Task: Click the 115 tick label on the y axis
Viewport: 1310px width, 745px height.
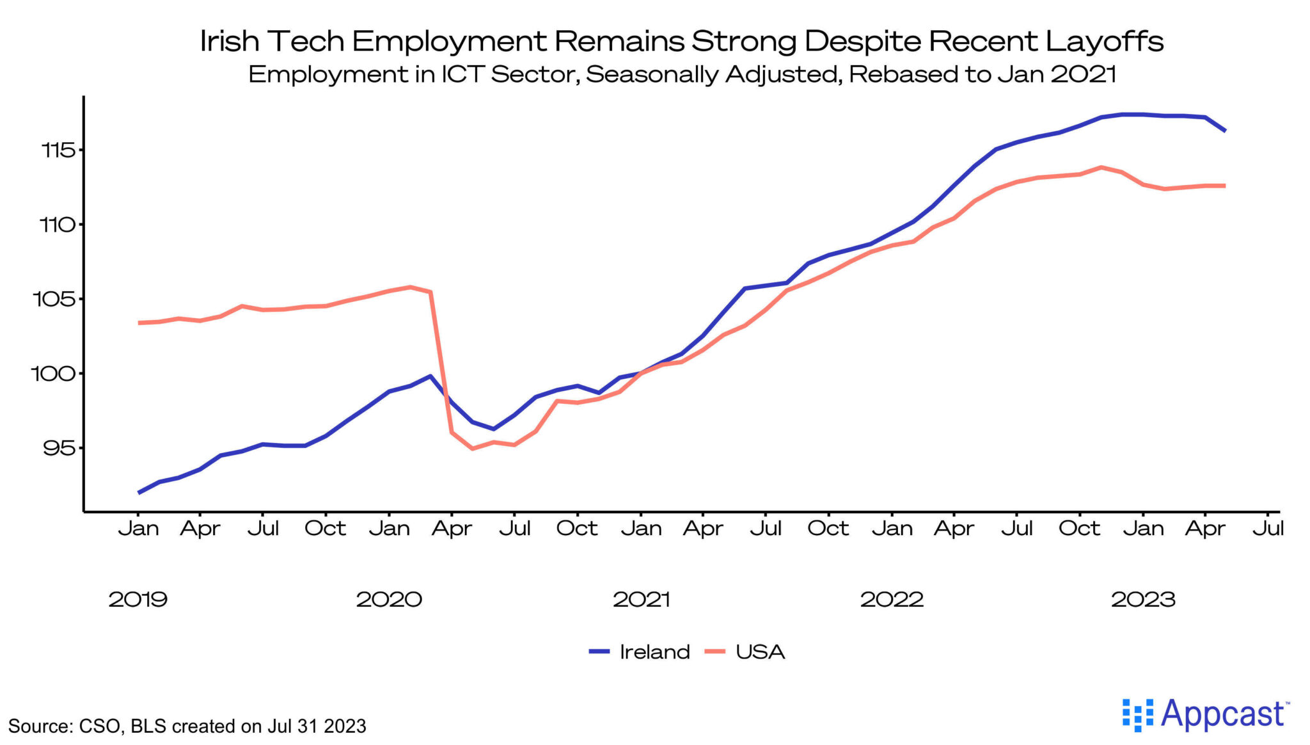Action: click(x=58, y=150)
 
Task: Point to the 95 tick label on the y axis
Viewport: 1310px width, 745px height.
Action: click(x=59, y=448)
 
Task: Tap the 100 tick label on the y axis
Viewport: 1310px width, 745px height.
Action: click(x=54, y=373)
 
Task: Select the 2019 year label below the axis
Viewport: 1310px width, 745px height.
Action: click(x=138, y=600)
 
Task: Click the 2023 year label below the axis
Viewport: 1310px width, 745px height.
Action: click(x=1143, y=600)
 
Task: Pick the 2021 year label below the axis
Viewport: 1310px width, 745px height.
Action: click(x=641, y=600)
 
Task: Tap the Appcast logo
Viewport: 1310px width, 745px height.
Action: click(x=1206, y=714)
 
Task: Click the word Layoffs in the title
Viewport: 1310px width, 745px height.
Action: click(x=1104, y=42)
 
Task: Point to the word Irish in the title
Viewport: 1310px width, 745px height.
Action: click(x=229, y=42)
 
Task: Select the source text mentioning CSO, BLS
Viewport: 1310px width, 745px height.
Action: click(x=187, y=726)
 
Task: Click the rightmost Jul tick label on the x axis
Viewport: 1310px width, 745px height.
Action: click(x=1268, y=529)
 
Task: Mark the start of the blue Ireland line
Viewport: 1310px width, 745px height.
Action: click(x=139, y=493)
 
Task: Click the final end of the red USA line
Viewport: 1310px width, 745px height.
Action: click(x=1225, y=186)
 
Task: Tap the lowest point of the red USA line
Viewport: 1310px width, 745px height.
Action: click(x=472, y=449)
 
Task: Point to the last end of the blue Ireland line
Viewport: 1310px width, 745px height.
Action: click(x=1225, y=131)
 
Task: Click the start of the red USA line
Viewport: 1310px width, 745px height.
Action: click(x=139, y=323)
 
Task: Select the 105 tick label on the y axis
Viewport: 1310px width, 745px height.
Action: click(x=54, y=299)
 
